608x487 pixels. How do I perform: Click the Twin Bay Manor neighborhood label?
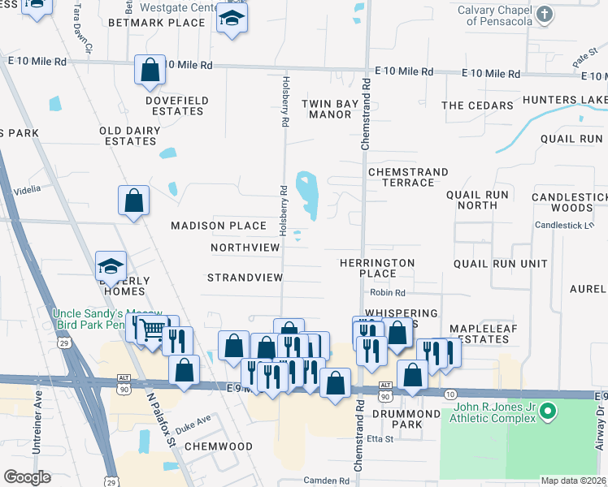click(327, 109)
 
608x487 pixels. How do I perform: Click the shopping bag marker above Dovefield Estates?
click(150, 71)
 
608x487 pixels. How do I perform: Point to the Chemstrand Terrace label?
click(407, 177)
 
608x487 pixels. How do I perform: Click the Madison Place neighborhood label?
click(218, 226)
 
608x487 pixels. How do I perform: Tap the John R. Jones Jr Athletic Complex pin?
click(547, 413)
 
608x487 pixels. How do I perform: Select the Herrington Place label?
click(377, 268)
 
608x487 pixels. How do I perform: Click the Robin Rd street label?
click(387, 292)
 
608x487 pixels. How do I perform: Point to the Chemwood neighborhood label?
click(218, 446)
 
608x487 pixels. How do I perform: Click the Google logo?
click(27, 476)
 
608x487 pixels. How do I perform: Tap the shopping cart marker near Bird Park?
click(151, 331)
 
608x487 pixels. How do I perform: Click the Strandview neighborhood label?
click(245, 278)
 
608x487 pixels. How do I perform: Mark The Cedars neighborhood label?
click(477, 106)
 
